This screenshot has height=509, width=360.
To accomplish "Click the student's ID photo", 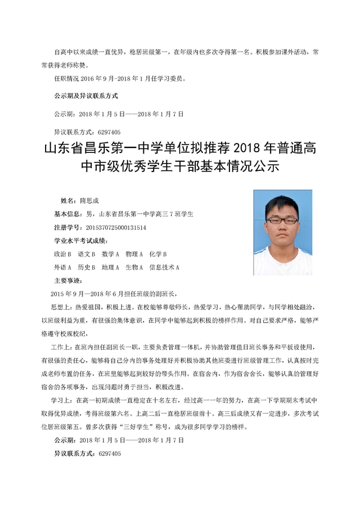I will (282, 232).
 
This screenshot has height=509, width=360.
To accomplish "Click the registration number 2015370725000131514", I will (115, 227).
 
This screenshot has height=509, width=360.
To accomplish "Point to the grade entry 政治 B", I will (62, 254).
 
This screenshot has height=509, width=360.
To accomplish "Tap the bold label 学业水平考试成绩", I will (78, 241).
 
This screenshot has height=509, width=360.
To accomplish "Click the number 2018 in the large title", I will (246, 149).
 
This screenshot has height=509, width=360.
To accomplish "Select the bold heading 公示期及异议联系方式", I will (86, 95).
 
